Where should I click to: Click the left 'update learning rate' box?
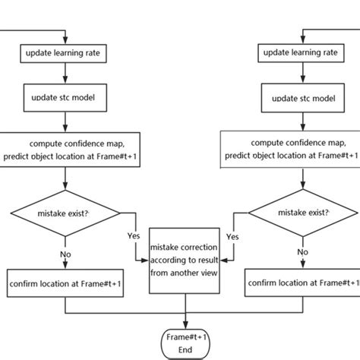pyautogui.click(x=66, y=54)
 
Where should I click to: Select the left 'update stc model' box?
pyautogui.click(x=66, y=97)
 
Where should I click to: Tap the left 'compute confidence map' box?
pyautogui.click(x=67, y=149)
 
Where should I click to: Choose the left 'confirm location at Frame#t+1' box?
pyautogui.click(x=66, y=283)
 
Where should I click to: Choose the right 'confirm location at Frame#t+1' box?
pyautogui.click(x=303, y=283)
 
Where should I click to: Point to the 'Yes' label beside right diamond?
pyautogui.click(x=233, y=237)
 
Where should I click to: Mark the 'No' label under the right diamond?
pyautogui.click(x=302, y=251)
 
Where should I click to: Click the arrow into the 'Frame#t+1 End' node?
pyautogui.click(x=185, y=319)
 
